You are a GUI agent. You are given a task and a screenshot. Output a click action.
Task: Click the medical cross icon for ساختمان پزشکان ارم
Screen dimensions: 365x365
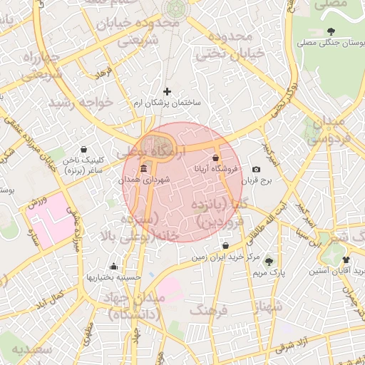pos(168,91)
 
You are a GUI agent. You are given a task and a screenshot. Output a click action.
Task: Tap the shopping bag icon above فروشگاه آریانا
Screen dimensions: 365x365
pos(216,158)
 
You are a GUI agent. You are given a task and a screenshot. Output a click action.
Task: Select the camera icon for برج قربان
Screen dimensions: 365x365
pos(256,169)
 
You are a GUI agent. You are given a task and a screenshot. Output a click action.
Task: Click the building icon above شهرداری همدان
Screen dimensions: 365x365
pos(145,168)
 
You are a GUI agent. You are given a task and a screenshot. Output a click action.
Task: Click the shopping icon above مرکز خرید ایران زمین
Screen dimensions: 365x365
pos(225,246)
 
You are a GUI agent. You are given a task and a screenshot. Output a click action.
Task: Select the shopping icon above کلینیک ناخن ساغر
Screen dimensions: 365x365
pos(85,150)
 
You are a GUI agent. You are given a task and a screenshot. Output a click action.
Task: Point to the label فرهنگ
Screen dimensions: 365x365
pos(207,309)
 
